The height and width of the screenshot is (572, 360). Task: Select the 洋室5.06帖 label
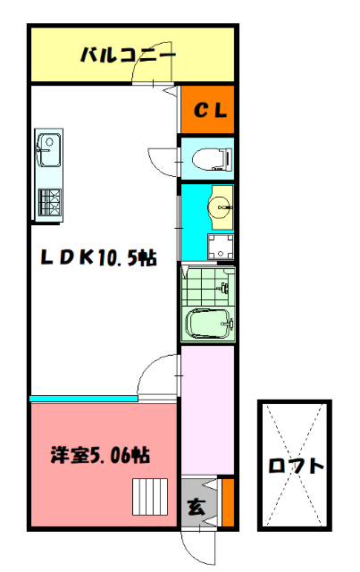tap(98, 455)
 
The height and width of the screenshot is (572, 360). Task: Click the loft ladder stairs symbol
tap(150, 494)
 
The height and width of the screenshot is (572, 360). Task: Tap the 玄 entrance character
tap(196, 507)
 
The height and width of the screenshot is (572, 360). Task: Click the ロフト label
tap(295, 466)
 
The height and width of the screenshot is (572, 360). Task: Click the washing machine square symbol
tap(217, 247)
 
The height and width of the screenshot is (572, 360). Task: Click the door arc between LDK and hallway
tap(159, 374)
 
